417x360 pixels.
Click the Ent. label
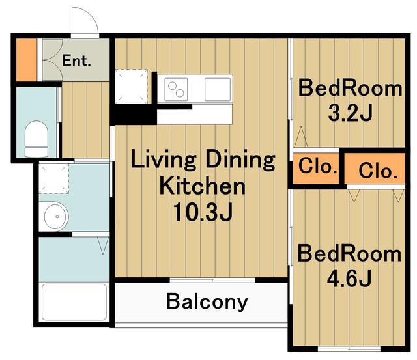click(76, 61)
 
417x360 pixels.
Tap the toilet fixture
click(36, 139)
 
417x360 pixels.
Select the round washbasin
click(57, 216)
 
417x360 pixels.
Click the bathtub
click(74, 302)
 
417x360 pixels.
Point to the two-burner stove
click(176, 89)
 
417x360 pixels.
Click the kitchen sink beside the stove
click(218, 89)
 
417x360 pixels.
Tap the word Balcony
click(207, 302)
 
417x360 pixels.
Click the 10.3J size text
click(203, 212)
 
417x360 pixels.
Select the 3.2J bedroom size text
click(350, 113)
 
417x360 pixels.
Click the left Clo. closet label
click(317, 166)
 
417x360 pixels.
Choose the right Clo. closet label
click(378, 171)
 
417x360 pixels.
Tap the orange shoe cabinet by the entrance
click(27, 60)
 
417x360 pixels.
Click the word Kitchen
click(203, 186)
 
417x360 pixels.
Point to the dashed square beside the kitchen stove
click(132, 87)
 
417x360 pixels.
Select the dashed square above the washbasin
click(54, 178)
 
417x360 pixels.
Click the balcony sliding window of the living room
click(212, 280)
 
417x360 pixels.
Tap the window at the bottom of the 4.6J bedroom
click(349, 348)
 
